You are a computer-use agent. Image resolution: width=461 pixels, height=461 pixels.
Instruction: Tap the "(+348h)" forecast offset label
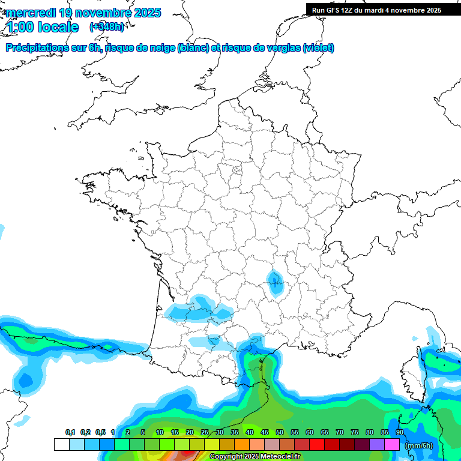[107, 27]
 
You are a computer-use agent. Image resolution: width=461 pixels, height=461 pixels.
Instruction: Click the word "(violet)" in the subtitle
[318, 48]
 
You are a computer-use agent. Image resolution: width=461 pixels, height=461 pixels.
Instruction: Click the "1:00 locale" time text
[42, 27]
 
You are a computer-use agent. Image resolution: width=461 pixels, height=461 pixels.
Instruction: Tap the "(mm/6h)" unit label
[419, 445]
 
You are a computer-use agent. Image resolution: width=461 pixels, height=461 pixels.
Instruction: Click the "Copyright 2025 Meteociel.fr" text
[255, 457]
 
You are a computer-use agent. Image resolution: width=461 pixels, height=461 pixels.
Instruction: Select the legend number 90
[400, 432]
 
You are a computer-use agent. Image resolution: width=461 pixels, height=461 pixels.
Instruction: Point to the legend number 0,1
[70, 432]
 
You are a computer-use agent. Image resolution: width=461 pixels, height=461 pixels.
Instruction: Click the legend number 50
[280, 432]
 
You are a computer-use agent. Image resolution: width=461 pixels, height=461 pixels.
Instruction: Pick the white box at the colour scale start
[61, 445]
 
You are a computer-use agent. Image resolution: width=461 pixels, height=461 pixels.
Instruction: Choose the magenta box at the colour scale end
[392, 445]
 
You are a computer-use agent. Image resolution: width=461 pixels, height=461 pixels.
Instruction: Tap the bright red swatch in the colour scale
[317, 445]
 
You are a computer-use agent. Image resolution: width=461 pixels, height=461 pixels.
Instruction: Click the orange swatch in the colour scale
[241, 445]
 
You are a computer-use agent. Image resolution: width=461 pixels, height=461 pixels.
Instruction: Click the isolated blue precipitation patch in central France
[275, 282]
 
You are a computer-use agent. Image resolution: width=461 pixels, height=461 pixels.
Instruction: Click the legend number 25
[205, 432]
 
